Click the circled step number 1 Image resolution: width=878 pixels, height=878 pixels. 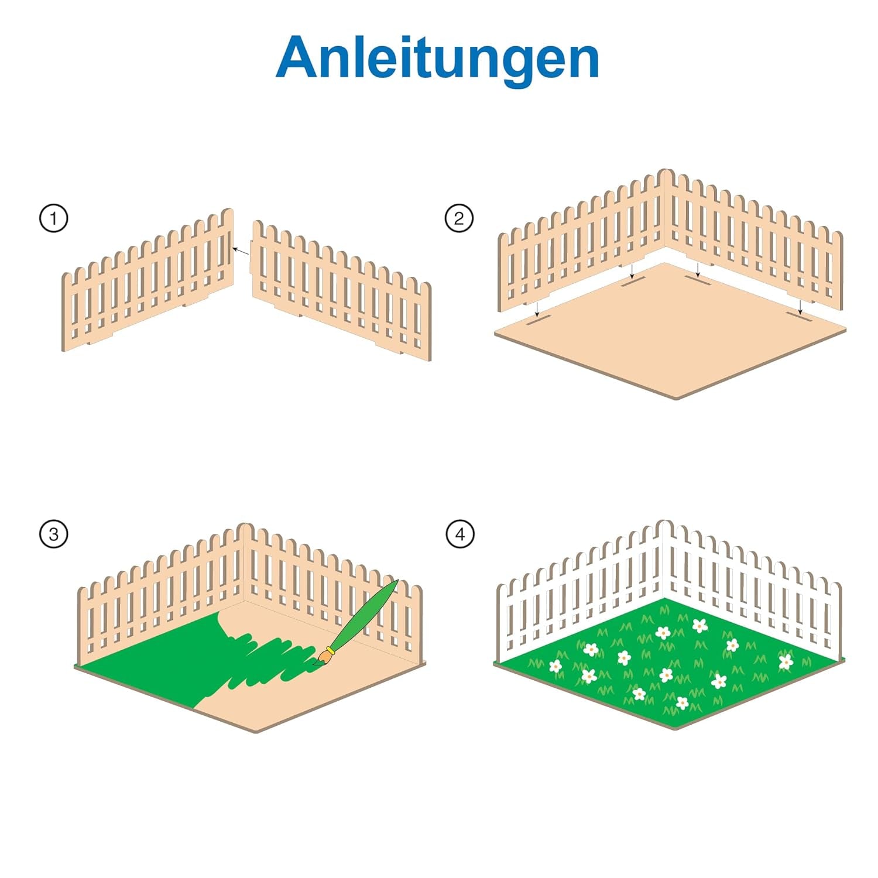coord(54,218)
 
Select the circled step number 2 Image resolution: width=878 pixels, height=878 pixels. coord(459,218)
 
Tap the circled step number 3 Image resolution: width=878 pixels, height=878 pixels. coord(54,534)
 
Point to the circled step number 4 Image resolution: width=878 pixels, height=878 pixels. coord(460,534)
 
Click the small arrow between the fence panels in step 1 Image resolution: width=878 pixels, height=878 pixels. coord(241,252)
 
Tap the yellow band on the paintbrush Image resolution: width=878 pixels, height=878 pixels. coord(331,650)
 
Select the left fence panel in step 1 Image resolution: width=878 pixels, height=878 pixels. coord(148,280)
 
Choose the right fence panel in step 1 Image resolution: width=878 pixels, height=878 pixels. coord(342,291)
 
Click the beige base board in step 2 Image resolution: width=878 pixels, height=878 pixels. coord(670,331)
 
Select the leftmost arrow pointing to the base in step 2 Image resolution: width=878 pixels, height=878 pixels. coord(537,309)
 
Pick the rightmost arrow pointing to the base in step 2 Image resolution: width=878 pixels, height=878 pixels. coord(800,306)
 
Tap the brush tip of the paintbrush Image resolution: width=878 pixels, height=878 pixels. coord(317,661)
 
